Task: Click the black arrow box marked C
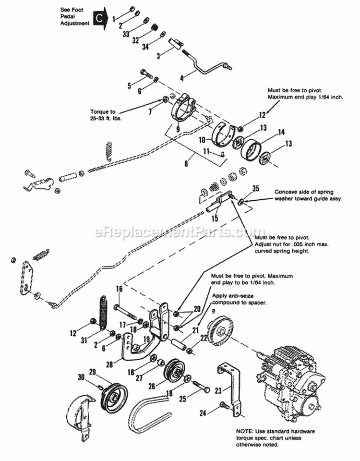pyautogui.click(x=99, y=19)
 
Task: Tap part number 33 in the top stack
pyautogui.click(x=126, y=34)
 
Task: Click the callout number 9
pyautogui.click(x=177, y=129)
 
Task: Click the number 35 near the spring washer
pyautogui.click(x=255, y=189)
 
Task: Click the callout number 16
pyautogui.click(x=119, y=289)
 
